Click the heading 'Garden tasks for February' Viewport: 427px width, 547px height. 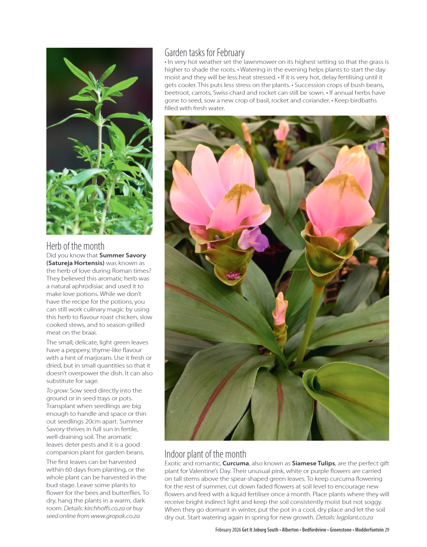[204, 53]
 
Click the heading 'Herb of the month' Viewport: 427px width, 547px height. [75, 246]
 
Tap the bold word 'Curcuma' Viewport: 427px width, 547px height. [235, 463]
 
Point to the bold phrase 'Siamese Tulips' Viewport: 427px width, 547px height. [313, 463]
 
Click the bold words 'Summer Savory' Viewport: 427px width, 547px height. [122, 255]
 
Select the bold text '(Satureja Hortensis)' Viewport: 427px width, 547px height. [75, 263]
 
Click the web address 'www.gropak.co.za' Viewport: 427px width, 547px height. [115, 516]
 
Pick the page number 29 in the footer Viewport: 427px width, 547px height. [387, 530]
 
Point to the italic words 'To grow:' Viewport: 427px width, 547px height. [57, 391]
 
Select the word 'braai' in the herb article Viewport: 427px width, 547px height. [90, 333]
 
